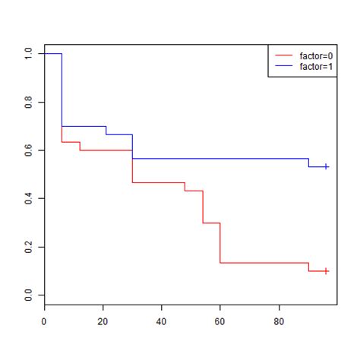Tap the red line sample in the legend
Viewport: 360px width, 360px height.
tap(284, 55)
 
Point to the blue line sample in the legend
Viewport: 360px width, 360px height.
tap(284, 67)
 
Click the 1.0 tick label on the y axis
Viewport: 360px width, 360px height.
tap(28, 54)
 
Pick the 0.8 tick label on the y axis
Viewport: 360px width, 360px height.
tap(28, 102)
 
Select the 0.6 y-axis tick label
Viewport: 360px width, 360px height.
tap(28, 150)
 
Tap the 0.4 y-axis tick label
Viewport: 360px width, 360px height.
tap(28, 198)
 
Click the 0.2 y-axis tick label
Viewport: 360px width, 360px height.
tap(28, 247)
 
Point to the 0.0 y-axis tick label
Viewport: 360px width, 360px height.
tap(28, 295)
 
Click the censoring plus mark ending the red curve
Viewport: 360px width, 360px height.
tap(326, 270)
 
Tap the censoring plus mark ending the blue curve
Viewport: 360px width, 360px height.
tap(326, 166)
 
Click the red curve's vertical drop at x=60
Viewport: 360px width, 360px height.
tap(220, 243)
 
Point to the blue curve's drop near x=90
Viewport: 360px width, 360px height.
tap(308, 163)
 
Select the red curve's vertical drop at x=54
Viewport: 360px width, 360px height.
tap(203, 207)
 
